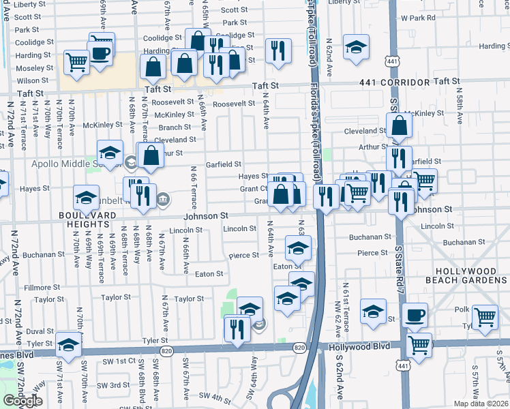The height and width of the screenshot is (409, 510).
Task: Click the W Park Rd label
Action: pyautogui.click(x=418, y=17)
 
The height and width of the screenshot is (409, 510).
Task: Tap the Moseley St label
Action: pyautogui.click(x=30, y=68)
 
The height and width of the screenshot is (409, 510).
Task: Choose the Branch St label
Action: pyautogui.click(x=175, y=127)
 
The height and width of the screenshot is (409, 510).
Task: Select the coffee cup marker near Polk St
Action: pyautogui.click(x=414, y=315)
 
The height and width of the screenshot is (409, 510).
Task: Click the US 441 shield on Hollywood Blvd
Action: pyautogui.click(x=403, y=366)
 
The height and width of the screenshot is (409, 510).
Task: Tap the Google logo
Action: pyautogui.click(x=22, y=401)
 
